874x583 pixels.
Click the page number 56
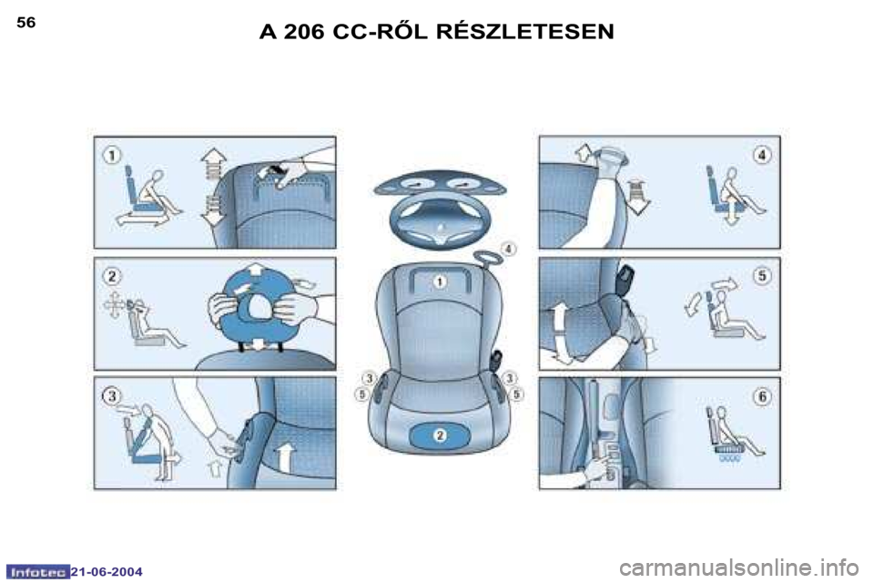[26, 22]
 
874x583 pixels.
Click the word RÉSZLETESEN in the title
[524, 31]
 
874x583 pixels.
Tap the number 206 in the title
[304, 32]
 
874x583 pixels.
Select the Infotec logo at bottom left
[37, 572]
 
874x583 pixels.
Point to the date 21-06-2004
[107, 572]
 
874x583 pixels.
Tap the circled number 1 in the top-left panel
[112, 155]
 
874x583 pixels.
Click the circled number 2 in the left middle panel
[112, 276]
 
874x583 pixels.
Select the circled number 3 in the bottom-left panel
[112, 395]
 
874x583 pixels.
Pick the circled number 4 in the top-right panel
[762, 155]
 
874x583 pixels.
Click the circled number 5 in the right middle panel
[762, 276]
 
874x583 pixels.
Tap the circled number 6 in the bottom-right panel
[762, 396]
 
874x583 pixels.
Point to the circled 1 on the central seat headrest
[440, 281]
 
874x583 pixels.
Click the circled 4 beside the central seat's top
[509, 249]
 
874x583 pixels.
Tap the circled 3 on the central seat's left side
[369, 379]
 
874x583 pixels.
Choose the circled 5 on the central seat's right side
[517, 394]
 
